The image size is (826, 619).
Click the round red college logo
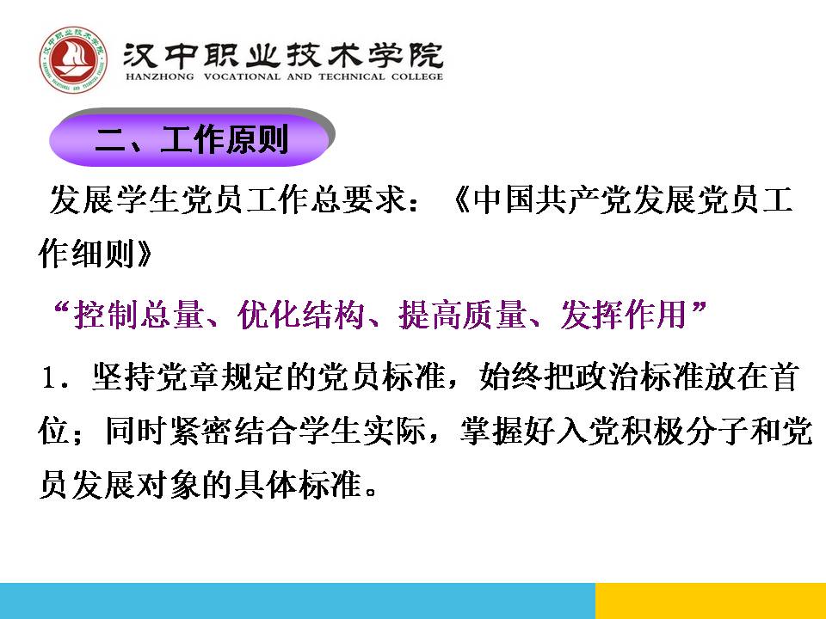tap(73, 59)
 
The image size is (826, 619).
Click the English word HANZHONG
tap(160, 77)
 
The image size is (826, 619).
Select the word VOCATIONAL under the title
tap(242, 77)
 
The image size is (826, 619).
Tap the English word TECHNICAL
tap(351, 77)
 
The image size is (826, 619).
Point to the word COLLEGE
tap(416, 77)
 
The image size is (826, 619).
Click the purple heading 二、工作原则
tap(191, 139)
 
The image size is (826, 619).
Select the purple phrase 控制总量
tap(139, 315)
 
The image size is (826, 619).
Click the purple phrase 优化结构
tap(301, 315)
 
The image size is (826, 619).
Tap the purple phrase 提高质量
tap(463, 315)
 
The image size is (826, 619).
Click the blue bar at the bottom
tap(298, 601)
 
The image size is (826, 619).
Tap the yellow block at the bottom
tap(711, 601)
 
